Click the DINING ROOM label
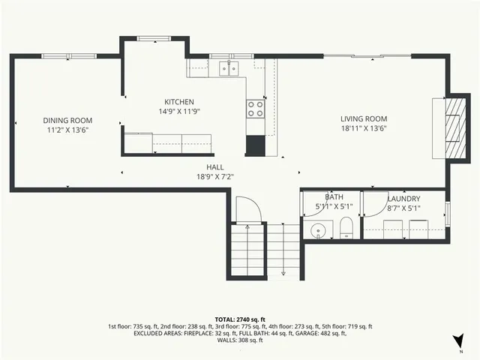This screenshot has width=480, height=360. coord(67,120)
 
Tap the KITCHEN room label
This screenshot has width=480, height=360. coord(179,102)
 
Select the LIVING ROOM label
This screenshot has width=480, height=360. coord(364,118)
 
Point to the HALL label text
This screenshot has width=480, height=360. coord(215,167)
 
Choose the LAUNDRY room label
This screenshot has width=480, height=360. coord(403,198)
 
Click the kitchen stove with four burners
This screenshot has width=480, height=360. coord(256,109)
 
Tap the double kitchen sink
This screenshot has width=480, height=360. coord(229,69)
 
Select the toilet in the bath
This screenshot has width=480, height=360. coord(346,227)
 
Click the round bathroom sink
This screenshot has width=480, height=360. coord(318,230)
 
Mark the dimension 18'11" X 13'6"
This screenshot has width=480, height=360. coord(364,128)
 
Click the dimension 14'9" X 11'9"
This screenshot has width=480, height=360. coord(179,111)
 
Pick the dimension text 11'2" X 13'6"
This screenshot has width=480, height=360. coord(67,129)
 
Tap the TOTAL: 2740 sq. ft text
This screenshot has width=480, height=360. coord(240,319)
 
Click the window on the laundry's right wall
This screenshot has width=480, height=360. coord(447,214)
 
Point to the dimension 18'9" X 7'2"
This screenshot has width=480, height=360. coord(215,177)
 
